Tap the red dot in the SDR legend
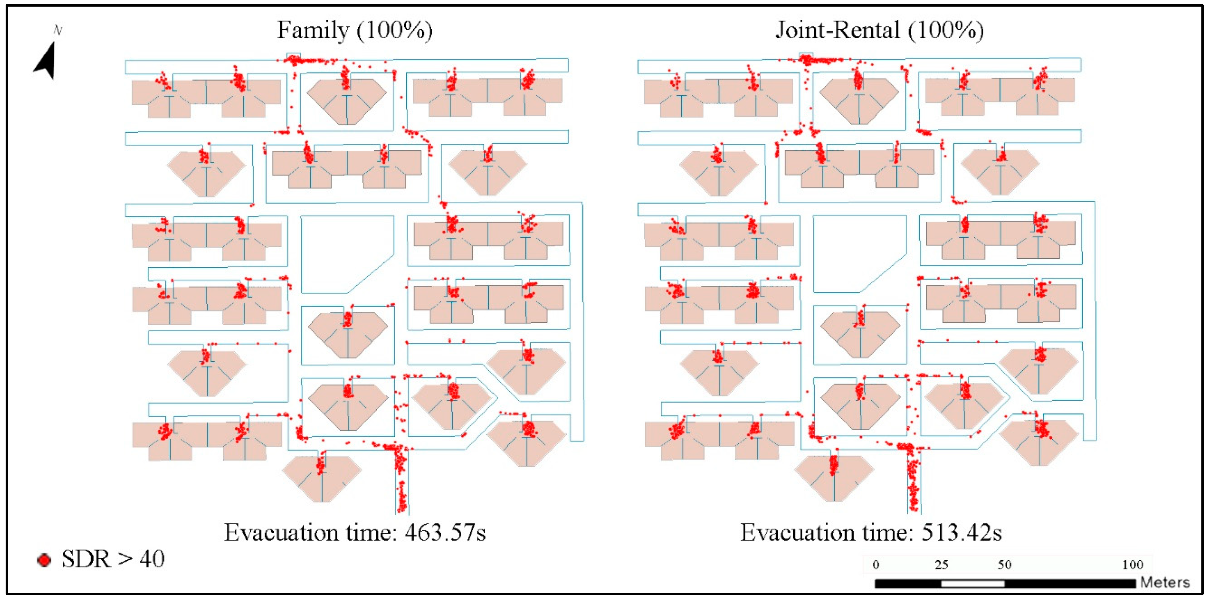44,560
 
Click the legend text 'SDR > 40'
113,559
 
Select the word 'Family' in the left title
313,30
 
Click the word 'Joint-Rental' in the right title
837,30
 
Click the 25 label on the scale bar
942,565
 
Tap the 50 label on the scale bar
1004,565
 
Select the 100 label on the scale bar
1132,565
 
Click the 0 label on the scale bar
876,565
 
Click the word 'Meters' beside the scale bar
1165,583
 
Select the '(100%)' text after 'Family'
394,30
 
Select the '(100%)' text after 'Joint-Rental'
945,30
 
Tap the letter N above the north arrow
58,31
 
